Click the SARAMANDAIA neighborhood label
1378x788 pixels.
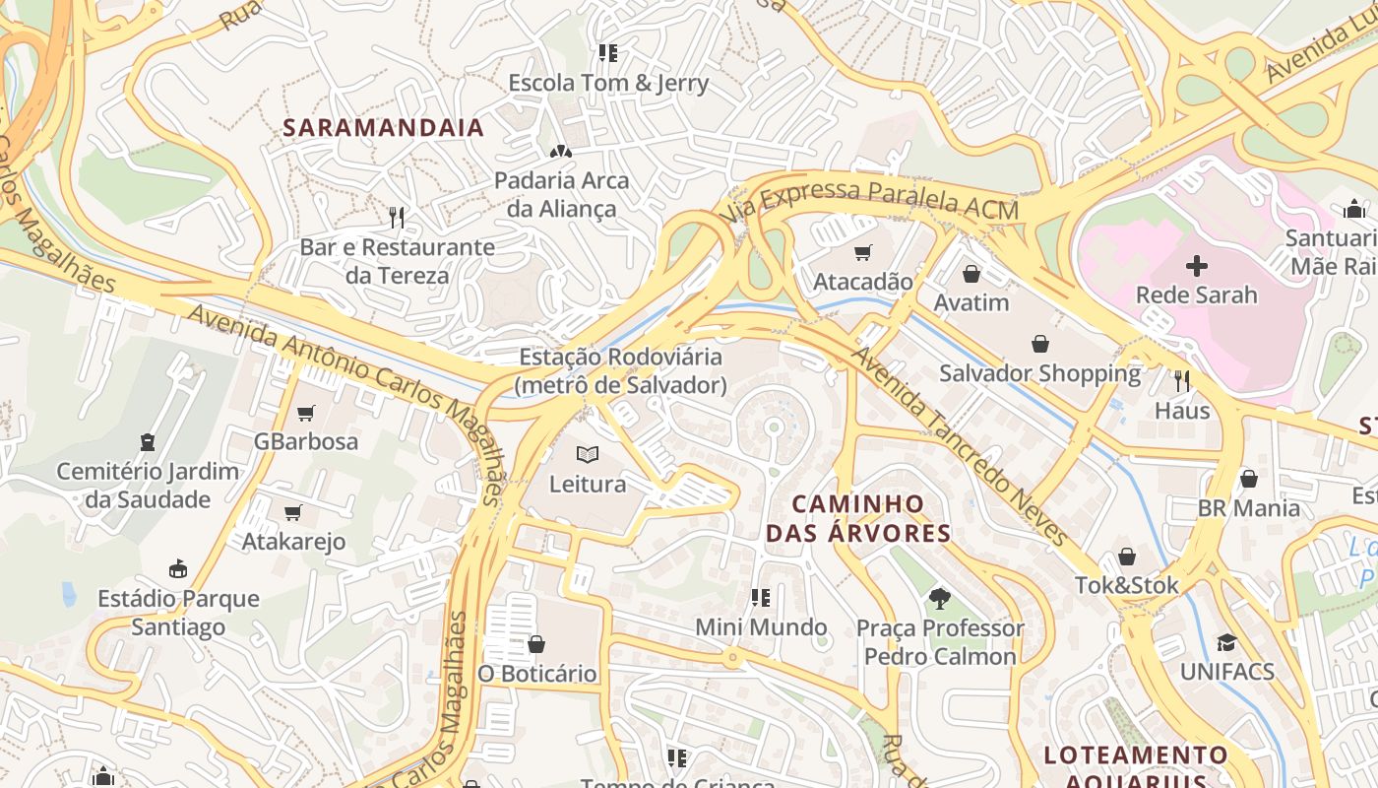coord(384,127)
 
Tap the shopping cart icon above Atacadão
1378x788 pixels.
coord(863,252)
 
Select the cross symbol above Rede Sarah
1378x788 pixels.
coord(1197,265)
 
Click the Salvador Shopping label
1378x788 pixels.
coord(1039,373)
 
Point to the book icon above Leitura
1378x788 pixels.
coord(588,454)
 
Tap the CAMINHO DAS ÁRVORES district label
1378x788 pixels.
coord(858,519)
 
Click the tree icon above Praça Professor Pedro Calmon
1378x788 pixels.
coord(940,598)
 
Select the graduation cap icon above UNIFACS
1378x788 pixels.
coord(1226,642)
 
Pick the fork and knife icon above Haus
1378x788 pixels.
coord(1182,380)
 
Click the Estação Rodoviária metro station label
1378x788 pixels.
coord(620,370)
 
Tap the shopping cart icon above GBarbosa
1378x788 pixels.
coord(306,413)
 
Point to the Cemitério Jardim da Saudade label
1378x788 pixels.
coord(148,485)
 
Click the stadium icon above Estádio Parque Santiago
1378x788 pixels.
coord(178,568)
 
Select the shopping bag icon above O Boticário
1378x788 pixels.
coord(536,644)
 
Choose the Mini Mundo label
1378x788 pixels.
coord(761,626)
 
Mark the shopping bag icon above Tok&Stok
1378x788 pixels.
coord(1127,557)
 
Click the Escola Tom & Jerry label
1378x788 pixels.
coord(608,83)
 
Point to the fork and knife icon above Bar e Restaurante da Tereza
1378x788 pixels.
coord(397,218)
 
